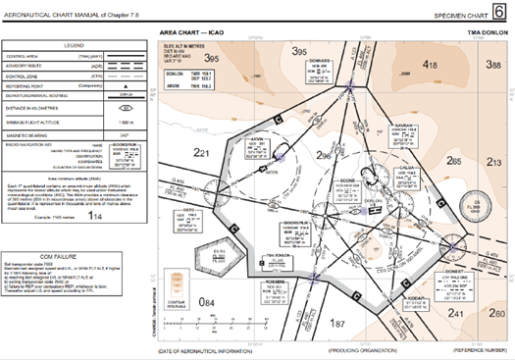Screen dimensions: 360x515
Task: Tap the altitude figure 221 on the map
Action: [x=202, y=152]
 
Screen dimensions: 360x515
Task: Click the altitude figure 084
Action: [x=206, y=330]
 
